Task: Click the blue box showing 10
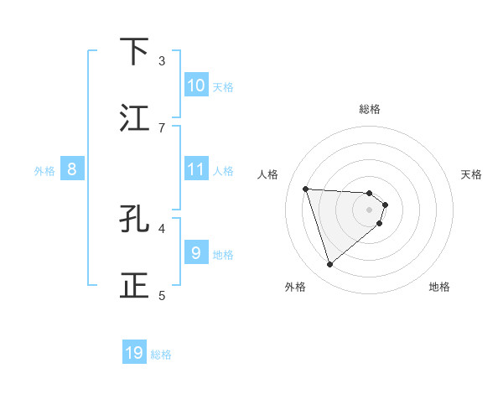(x=196, y=86)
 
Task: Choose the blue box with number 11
(x=196, y=169)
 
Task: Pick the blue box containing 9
(x=196, y=252)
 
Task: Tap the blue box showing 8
(x=72, y=169)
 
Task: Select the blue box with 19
(x=134, y=353)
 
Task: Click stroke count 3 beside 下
(x=162, y=60)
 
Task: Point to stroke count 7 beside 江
(x=162, y=127)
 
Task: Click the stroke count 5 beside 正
(x=162, y=295)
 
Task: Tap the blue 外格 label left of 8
(x=44, y=171)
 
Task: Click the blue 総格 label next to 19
(x=161, y=355)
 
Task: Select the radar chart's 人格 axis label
(x=267, y=174)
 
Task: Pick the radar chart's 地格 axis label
(x=439, y=287)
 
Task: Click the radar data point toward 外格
(x=329, y=265)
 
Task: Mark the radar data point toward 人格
(x=306, y=189)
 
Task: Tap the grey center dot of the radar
(x=370, y=210)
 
